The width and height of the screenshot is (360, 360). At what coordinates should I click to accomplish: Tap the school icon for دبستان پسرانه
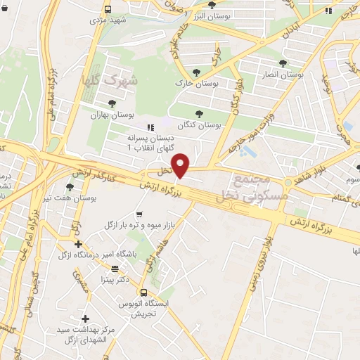click(x=149, y=127)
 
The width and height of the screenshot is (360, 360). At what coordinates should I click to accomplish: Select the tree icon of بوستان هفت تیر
click(x=70, y=186)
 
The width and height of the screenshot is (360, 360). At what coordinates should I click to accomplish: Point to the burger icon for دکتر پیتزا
click(x=115, y=269)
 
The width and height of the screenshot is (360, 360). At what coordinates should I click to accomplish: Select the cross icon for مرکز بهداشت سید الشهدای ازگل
click(x=85, y=318)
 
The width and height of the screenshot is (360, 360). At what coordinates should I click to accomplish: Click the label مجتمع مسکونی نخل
click(x=260, y=185)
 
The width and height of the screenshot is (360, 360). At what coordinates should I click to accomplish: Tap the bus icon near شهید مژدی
click(x=108, y=10)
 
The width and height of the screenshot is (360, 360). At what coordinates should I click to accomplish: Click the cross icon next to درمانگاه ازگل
click(x=78, y=244)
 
